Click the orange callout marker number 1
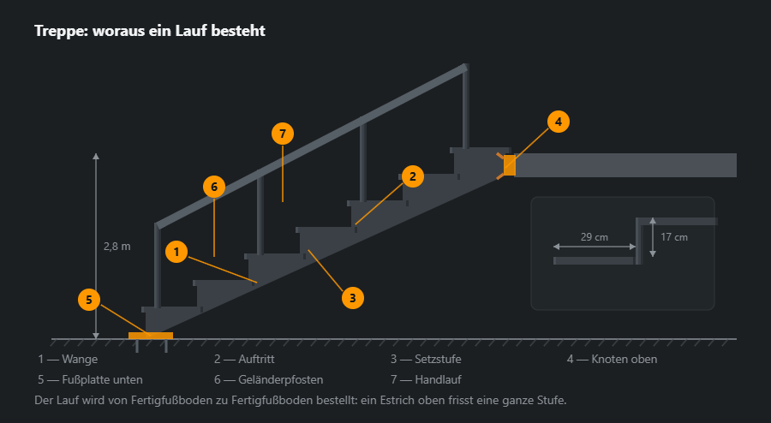point(176,252)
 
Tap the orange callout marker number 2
point(413,176)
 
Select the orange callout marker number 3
point(353,298)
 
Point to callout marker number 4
point(558,122)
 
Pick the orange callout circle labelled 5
point(89,300)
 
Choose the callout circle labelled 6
point(214,187)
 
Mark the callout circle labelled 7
point(283,134)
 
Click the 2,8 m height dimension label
point(117,247)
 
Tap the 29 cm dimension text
point(594,237)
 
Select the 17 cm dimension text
point(673,237)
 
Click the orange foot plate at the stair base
point(151,336)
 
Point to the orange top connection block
point(510,165)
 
